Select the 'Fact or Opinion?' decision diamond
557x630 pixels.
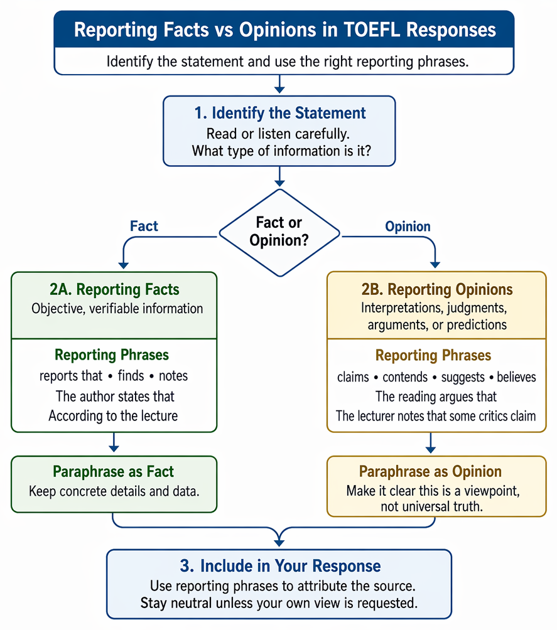[x=279, y=233]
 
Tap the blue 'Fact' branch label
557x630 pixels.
[x=144, y=226]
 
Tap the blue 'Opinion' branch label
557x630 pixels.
[x=408, y=226]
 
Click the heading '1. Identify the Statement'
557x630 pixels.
[x=280, y=113]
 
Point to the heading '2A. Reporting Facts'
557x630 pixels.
[x=114, y=289]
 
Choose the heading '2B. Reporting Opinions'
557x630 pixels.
[x=437, y=289]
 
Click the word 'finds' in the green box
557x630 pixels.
[x=131, y=376]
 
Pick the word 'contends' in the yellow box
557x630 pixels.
[x=405, y=377]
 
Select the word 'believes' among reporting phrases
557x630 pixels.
[x=516, y=377]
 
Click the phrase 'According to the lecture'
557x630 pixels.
[x=113, y=416]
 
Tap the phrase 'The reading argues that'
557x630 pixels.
[x=436, y=397]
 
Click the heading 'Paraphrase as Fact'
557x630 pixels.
[x=114, y=471]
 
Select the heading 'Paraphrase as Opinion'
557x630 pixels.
[x=430, y=471]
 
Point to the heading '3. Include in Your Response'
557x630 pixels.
[x=280, y=566]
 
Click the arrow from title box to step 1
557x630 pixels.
[x=279, y=84]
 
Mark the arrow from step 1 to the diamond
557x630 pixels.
[x=279, y=177]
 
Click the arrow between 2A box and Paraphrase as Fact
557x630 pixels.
[x=114, y=442]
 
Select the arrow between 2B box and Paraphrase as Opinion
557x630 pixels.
[x=431, y=443]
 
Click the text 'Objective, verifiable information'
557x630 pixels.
[x=117, y=309]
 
